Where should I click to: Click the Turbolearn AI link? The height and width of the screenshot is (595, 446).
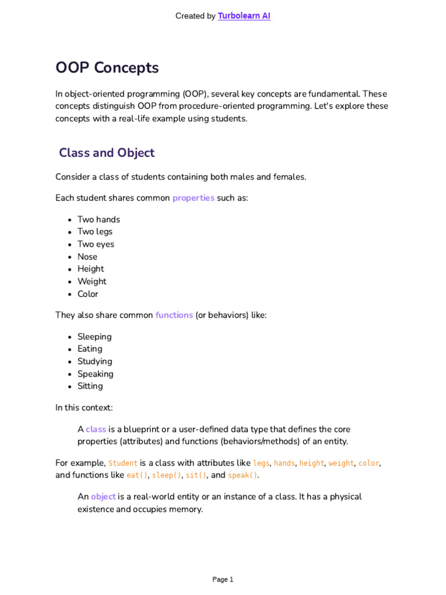point(244,16)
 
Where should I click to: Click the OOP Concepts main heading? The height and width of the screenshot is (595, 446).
point(107,68)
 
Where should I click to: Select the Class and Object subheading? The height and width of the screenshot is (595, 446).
point(107,153)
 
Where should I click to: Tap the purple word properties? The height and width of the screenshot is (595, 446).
point(193,198)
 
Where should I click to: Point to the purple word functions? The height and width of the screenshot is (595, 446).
point(174,316)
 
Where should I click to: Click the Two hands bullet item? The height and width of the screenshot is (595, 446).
point(99,220)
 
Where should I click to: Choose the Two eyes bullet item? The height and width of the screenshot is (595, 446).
point(96,244)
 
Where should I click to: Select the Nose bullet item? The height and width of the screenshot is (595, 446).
point(88,257)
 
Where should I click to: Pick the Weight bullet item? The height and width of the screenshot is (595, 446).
point(92,281)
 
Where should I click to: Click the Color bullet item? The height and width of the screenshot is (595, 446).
point(88,294)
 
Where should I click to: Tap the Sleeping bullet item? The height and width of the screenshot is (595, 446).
point(95,337)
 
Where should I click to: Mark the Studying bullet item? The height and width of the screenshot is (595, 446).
point(95,361)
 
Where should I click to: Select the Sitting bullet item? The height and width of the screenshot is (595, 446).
point(90,386)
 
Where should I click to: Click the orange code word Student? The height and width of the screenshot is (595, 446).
point(123,464)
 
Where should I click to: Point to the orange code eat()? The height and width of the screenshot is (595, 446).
point(137,475)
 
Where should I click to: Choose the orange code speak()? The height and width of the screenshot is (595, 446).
point(242,475)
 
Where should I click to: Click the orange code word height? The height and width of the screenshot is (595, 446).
point(312,464)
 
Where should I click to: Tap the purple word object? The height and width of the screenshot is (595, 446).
point(103,497)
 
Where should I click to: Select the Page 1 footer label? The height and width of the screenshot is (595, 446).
point(223,579)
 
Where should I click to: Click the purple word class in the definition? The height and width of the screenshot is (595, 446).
point(96,429)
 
